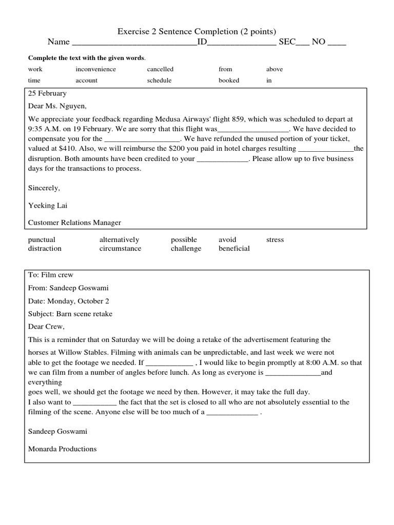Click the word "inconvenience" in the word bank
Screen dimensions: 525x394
95,69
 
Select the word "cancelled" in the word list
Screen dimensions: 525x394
160,69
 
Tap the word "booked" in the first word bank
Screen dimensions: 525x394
229,80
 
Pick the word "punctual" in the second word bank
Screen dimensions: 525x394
42,240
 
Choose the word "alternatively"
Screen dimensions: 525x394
119,240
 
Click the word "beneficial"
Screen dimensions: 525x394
234,249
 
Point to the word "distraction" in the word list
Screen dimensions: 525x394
45,249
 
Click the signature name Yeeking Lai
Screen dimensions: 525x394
48,206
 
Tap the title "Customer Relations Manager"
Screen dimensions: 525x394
74,223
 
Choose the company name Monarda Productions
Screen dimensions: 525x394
62,449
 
